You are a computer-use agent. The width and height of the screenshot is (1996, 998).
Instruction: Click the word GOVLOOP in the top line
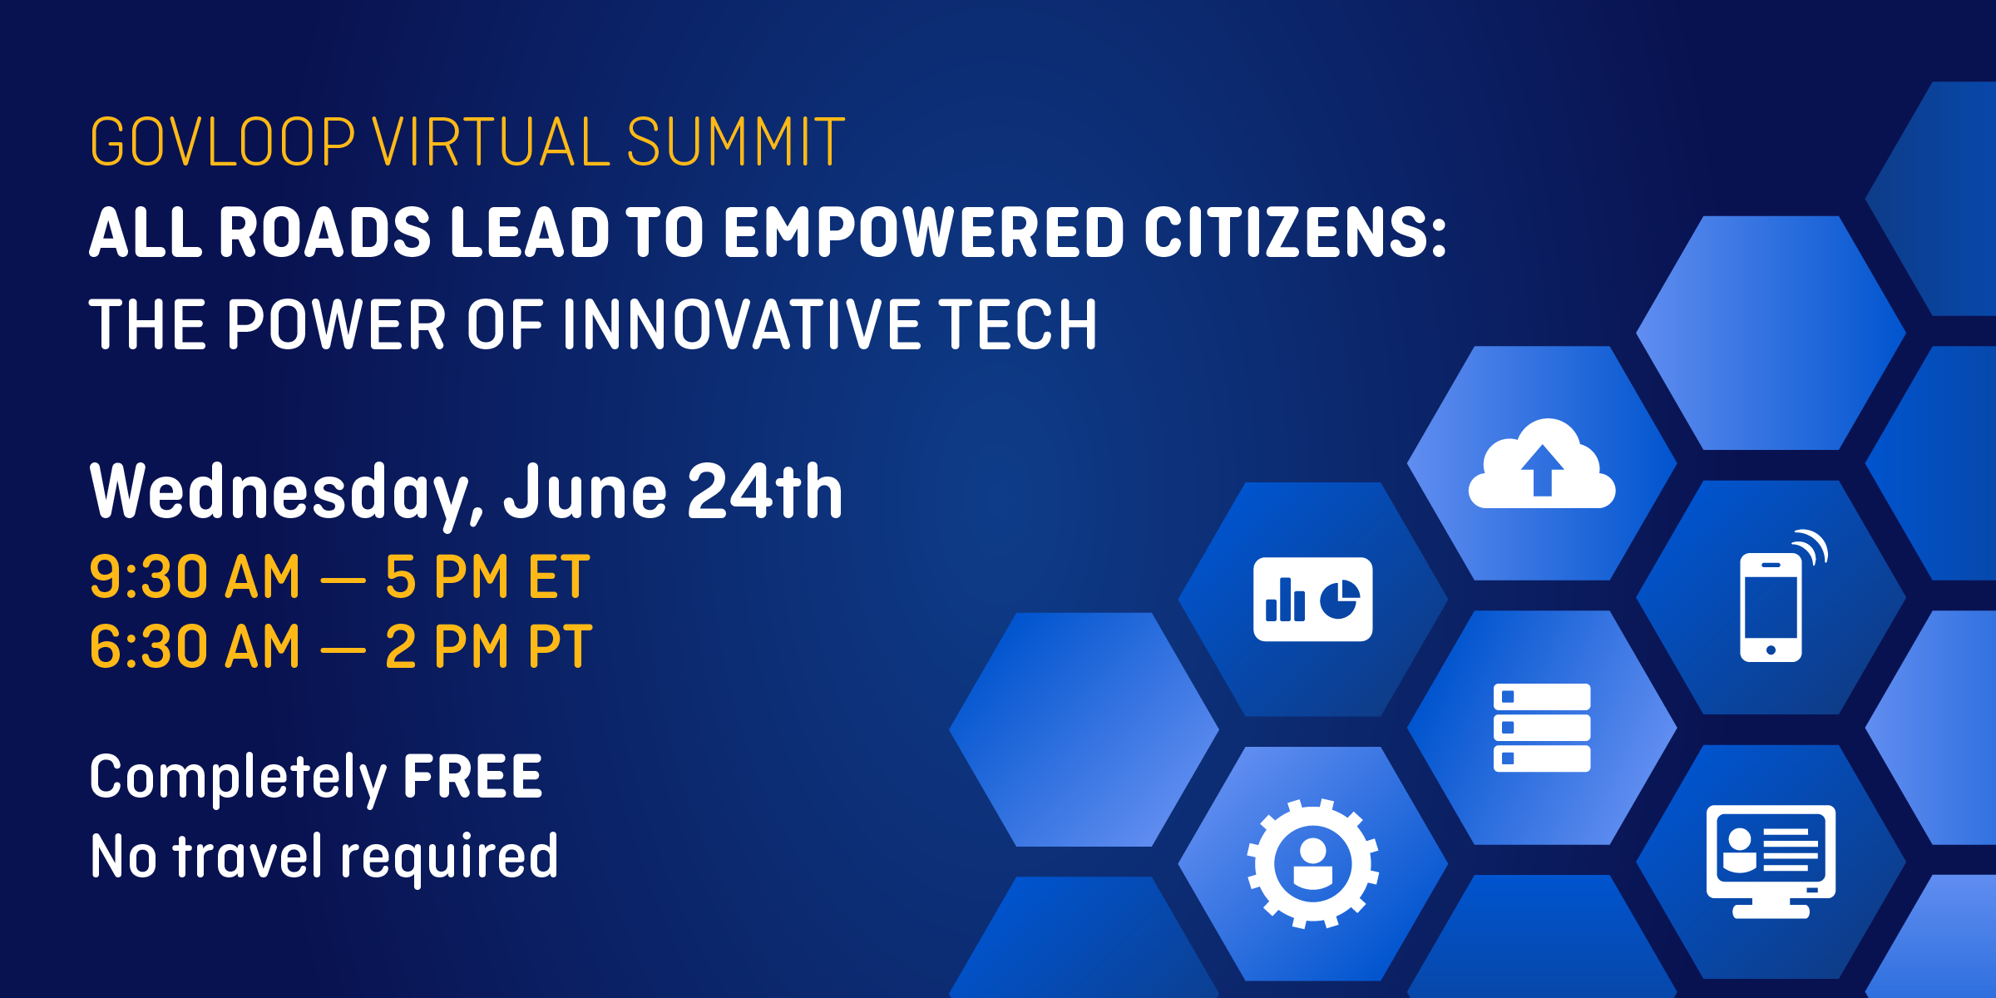point(222,142)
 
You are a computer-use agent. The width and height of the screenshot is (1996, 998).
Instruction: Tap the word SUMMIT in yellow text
point(735,142)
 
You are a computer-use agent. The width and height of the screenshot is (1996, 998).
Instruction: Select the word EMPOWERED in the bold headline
point(924,233)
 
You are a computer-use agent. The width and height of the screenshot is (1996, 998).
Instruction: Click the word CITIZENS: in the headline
point(1295,233)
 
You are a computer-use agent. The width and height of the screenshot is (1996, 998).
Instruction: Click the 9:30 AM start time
point(194,577)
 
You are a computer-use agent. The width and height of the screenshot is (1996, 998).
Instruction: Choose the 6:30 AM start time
point(194,647)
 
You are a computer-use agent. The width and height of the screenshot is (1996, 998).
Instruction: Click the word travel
point(247,857)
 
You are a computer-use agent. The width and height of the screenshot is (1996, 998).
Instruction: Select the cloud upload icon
point(1542,466)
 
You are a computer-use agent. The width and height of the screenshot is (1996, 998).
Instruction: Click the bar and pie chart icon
point(1312,599)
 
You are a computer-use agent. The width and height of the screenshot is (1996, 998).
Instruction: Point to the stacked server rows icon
point(1542,728)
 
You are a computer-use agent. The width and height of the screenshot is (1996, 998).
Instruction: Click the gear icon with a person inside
point(1312,863)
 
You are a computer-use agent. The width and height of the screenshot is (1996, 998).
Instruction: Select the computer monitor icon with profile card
point(1771,860)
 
